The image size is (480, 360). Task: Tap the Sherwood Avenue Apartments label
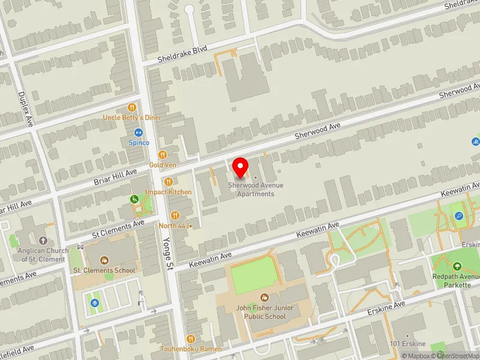click(256, 190)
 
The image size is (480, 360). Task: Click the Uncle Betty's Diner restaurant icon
click(132, 107)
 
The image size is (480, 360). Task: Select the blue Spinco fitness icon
click(139, 133)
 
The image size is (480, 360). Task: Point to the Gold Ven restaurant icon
click(163, 155)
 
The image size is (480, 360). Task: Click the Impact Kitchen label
click(168, 192)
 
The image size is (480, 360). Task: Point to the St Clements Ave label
click(119, 227)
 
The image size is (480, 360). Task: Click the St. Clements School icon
click(104, 260)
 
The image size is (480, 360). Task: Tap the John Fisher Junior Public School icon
click(264, 298)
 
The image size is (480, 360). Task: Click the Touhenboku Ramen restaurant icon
click(190, 338)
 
